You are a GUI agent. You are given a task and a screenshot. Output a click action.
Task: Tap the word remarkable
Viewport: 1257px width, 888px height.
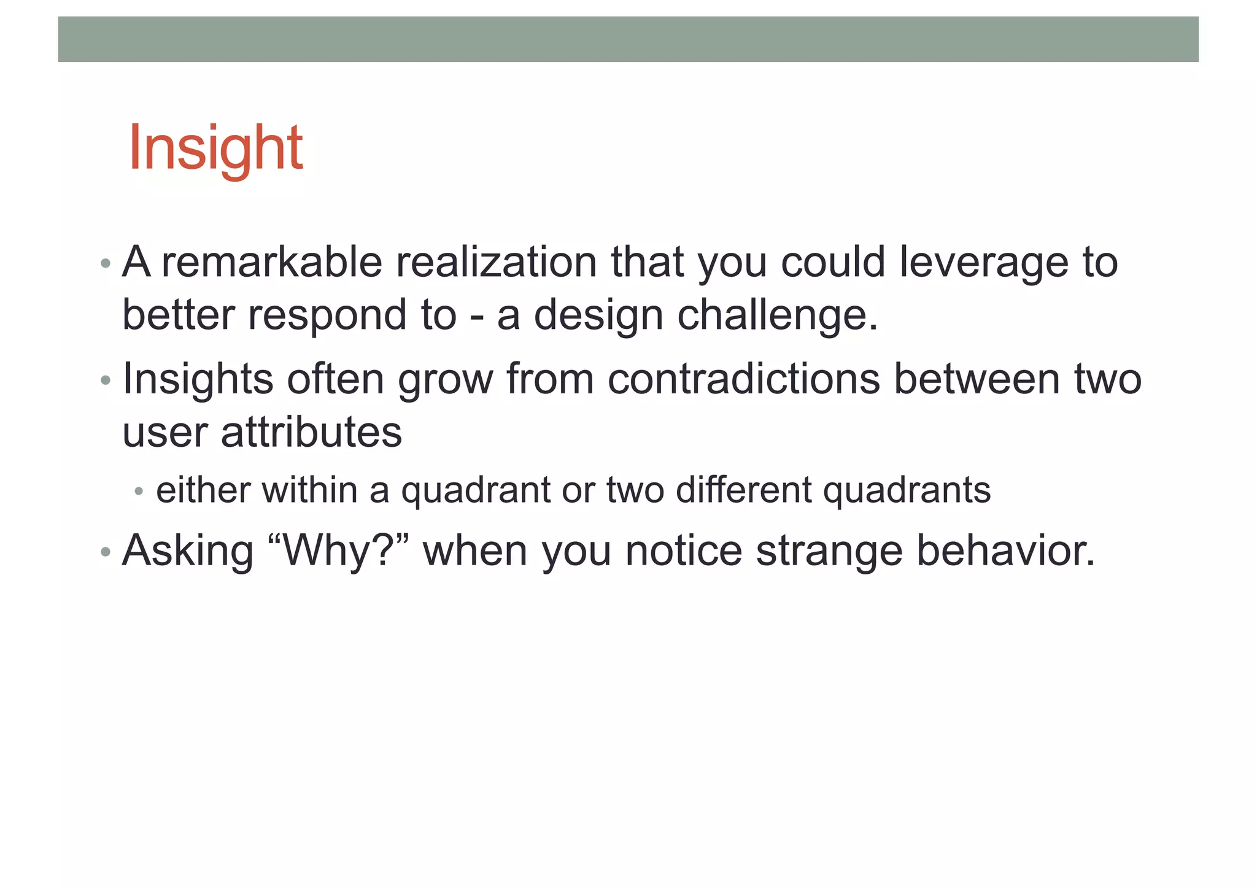272,262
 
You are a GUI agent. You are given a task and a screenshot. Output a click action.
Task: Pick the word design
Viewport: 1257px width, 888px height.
598,315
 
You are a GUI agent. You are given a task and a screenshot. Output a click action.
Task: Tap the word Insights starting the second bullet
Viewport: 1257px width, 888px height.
198,379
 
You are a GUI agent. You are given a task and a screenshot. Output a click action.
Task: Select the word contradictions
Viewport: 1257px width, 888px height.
743,379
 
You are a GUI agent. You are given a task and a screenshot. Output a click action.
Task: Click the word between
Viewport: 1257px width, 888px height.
976,379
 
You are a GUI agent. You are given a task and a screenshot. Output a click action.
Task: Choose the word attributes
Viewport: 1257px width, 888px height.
311,432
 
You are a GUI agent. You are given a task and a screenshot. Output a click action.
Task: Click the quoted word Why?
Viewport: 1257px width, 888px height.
339,550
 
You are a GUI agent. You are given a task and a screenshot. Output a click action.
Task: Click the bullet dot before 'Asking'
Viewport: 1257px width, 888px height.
106,552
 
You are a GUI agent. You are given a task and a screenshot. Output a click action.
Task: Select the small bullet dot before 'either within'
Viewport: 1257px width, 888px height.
139,492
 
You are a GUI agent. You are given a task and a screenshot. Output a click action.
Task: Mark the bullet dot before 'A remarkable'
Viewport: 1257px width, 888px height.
106,264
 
